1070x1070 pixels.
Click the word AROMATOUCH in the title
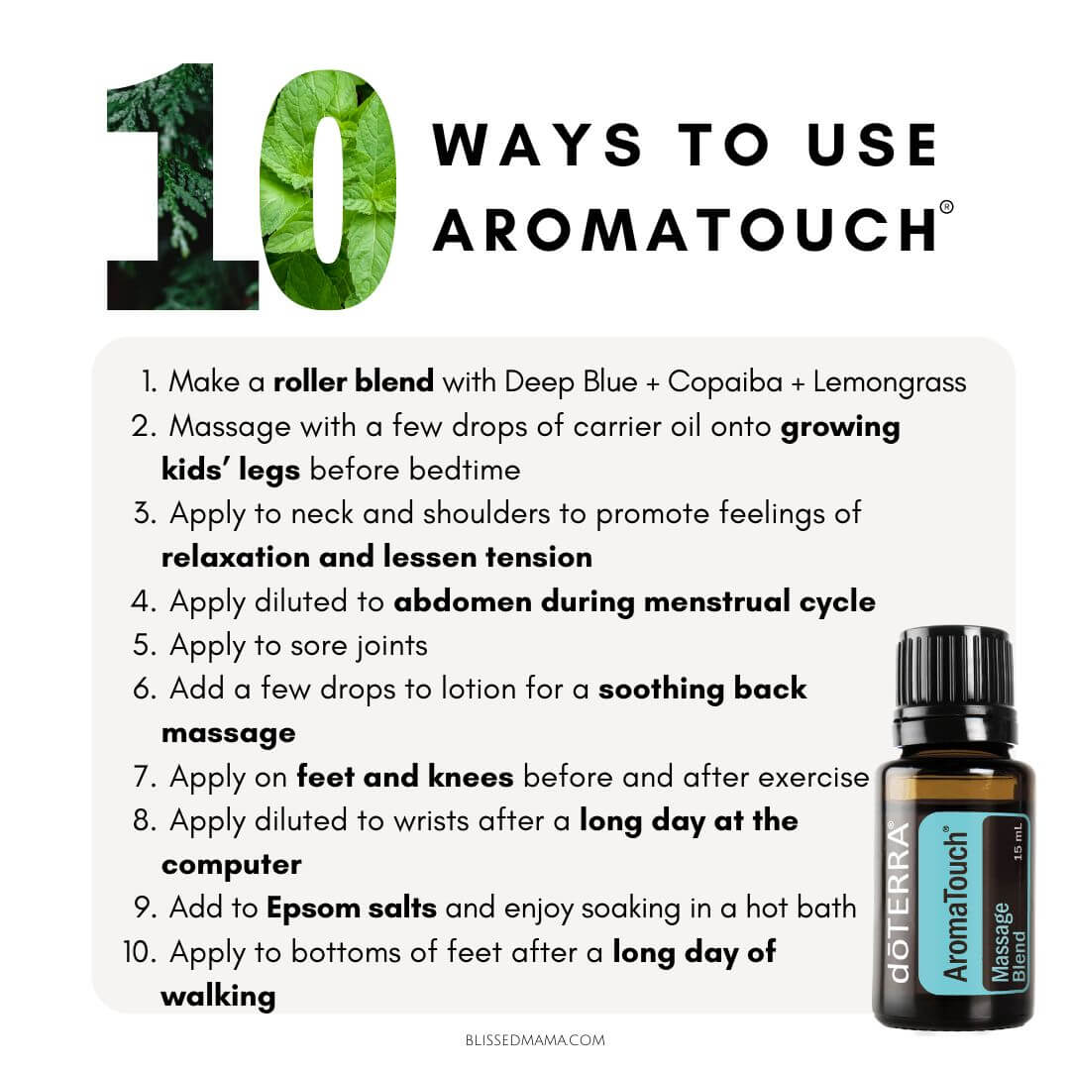pyautogui.click(x=685, y=230)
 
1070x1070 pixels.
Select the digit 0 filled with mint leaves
pyautogui.click(x=328, y=189)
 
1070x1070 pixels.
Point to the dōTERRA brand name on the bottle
pyautogui.click(x=900, y=902)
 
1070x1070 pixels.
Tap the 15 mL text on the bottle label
pyautogui.click(x=1018, y=841)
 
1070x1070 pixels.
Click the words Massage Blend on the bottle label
pyautogui.click(x=1008, y=942)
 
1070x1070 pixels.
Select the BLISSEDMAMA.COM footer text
pyautogui.click(x=535, y=1040)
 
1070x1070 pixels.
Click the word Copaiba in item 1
pyautogui.click(x=724, y=381)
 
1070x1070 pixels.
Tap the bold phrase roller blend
pyautogui.click(x=354, y=380)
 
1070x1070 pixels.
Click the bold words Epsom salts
pyautogui.click(x=352, y=909)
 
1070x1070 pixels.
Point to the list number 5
pyautogui.click(x=144, y=645)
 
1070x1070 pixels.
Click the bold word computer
pyautogui.click(x=231, y=866)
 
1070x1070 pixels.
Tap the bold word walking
pyautogui.click(x=218, y=997)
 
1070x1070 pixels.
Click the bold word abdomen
pyautogui.click(x=463, y=601)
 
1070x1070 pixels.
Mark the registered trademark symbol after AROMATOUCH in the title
pyautogui.click(x=946, y=207)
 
